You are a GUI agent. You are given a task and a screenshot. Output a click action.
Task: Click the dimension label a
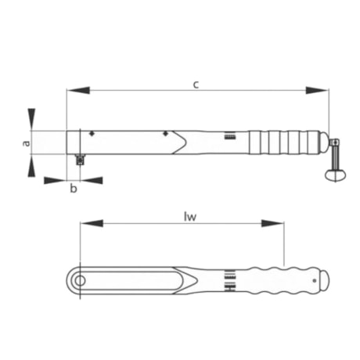26,142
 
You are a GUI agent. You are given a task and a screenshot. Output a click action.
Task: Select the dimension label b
74,189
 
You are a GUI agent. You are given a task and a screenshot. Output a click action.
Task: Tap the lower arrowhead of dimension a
31,165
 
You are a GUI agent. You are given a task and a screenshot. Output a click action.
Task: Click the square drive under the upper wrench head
79,160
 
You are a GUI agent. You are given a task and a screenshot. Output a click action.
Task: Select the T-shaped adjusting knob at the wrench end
335,160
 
